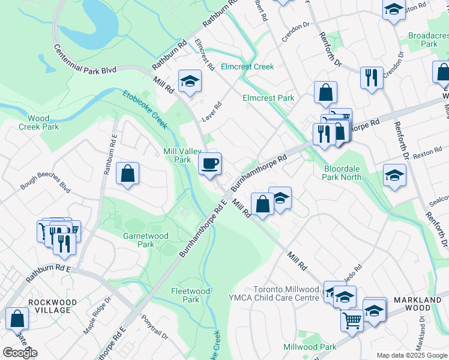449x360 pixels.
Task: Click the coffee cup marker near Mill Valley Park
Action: click(x=209, y=164)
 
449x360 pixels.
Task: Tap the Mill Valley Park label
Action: click(x=177, y=156)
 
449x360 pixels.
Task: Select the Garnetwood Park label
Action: click(x=145, y=240)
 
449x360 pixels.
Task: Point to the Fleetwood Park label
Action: click(x=190, y=295)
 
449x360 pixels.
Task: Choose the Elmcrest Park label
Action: click(x=268, y=97)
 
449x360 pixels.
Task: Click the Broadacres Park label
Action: click(x=429, y=40)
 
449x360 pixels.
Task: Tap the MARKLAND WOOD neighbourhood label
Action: click(x=412, y=303)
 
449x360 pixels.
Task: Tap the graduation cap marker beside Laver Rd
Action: click(x=190, y=81)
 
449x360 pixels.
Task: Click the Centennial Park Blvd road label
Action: click(x=85, y=59)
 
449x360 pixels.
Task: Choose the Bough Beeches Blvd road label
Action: click(x=45, y=184)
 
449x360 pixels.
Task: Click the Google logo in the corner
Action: click(x=20, y=353)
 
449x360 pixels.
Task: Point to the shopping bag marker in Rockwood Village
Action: click(x=17, y=319)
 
